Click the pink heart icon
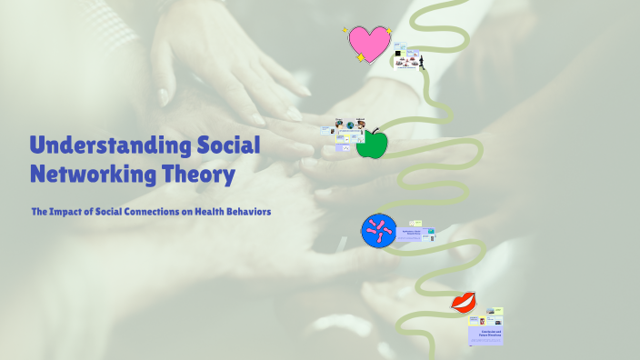point(369,43)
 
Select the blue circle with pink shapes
point(378,232)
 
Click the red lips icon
point(464,302)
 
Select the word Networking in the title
point(92,173)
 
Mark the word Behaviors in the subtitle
point(253,212)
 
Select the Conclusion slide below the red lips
point(485,333)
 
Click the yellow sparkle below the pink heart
point(361,57)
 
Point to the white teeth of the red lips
point(463,302)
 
